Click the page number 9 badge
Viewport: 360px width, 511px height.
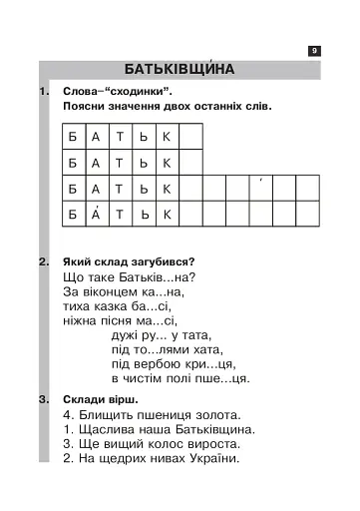coord(314,50)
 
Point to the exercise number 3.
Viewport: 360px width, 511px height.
coord(42,398)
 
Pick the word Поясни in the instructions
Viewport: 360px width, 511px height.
coord(84,105)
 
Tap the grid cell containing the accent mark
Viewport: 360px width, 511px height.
coord(260,187)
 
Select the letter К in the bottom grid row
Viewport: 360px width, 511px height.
coord(168,214)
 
